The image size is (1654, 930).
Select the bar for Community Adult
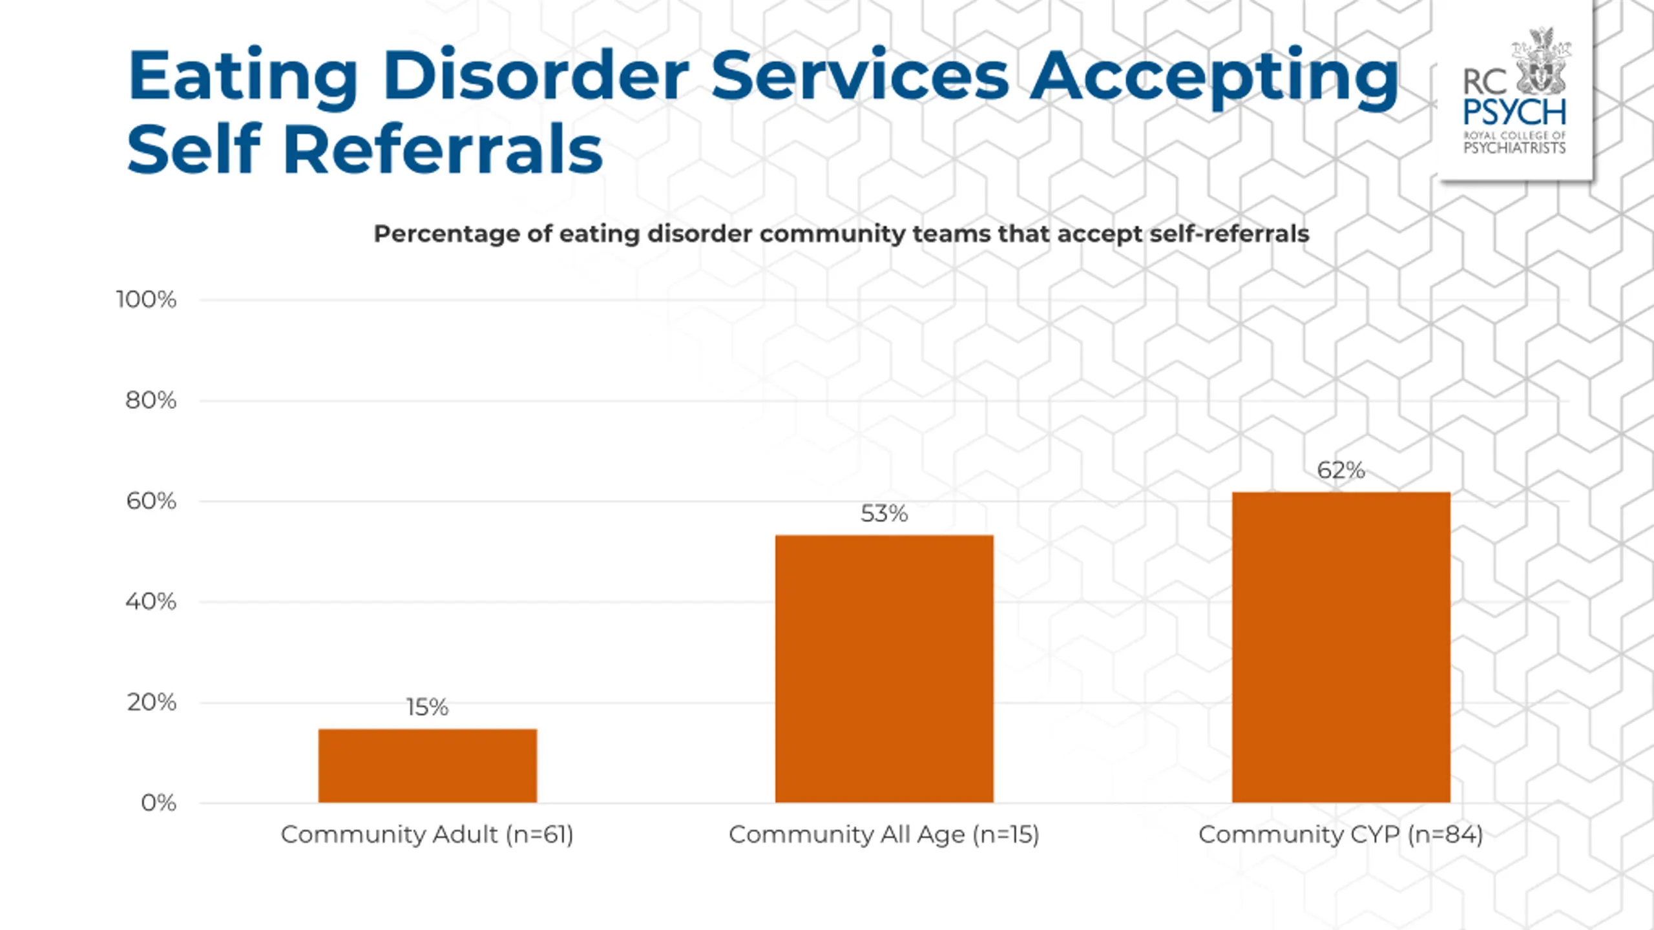click(x=427, y=765)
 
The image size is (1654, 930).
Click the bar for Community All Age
click(x=884, y=668)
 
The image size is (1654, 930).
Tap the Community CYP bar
click(x=1341, y=647)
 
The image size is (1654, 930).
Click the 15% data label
click(x=427, y=707)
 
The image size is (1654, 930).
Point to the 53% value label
click(x=884, y=513)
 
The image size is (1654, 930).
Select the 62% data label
click(x=1341, y=470)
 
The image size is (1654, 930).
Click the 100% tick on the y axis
click(x=146, y=300)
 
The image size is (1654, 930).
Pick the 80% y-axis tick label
click(x=151, y=400)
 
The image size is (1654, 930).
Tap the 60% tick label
click(x=151, y=501)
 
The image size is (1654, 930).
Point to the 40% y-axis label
click(x=151, y=602)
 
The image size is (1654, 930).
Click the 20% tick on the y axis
click(x=151, y=703)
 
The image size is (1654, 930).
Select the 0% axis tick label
click(x=158, y=803)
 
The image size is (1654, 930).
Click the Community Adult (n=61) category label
click(x=427, y=835)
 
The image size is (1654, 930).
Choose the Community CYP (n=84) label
click(x=1341, y=835)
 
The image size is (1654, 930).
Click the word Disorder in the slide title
click(x=536, y=76)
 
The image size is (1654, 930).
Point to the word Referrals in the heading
click(x=443, y=149)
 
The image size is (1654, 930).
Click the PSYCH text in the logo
click(x=1514, y=112)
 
